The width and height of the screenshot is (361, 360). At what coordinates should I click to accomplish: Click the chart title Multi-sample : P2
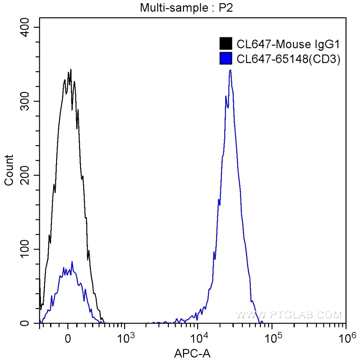point(186,7)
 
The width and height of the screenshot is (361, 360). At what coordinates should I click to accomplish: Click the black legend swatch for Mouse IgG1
point(226,44)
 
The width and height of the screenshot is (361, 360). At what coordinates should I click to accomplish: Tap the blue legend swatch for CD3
point(226,59)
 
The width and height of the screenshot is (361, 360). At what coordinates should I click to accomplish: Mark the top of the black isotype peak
point(71,69)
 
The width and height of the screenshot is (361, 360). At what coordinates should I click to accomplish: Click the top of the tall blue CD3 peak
point(230,70)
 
